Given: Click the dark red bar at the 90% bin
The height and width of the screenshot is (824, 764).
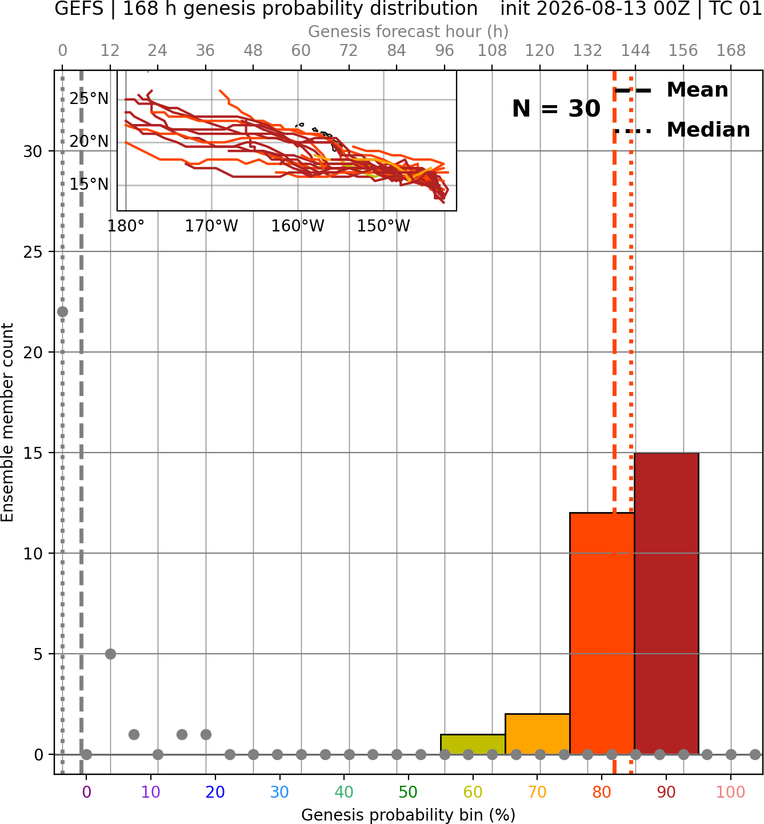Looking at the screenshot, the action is click(x=666, y=603).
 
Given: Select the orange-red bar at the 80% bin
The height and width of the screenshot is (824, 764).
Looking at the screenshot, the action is click(x=602, y=634).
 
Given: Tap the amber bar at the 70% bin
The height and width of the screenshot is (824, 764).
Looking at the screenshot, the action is click(x=537, y=734).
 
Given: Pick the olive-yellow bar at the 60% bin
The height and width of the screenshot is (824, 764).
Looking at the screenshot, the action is click(x=473, y=745).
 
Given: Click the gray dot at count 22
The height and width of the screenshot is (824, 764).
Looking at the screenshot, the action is click(x=62, y=311).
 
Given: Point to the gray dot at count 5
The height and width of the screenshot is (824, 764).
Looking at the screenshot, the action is click(x=110, y=654).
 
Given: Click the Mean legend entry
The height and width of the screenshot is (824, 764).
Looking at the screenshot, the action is click(x=671, y=90).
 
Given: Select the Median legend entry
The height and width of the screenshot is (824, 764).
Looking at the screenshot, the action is click(x=682, y=130).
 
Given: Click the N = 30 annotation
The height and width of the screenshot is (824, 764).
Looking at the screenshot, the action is click(x=556, y=109).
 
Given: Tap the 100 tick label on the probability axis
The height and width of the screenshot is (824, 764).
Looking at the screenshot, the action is click(x=730, y=793).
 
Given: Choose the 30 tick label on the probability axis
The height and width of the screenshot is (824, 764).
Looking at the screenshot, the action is click(x=279, y=793).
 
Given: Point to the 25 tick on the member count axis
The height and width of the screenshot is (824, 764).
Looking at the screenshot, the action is click(x=33, y=252).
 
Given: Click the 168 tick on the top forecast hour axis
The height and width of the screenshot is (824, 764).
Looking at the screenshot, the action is click(x=731, y=51).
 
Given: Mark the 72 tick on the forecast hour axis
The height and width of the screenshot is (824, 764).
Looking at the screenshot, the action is click(x=349, y=51).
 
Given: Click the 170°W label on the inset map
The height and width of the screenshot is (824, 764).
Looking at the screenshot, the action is click(x=211, y=226).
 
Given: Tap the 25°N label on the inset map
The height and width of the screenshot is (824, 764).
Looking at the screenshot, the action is click(x=89, y=99).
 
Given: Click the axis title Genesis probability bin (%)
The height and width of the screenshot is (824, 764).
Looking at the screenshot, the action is click(x=409, y=815).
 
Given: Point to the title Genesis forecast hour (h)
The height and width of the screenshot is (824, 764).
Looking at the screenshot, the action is click(x=409, y=31).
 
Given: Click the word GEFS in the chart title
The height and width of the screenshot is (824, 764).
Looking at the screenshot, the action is click(x=79, y=9).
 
